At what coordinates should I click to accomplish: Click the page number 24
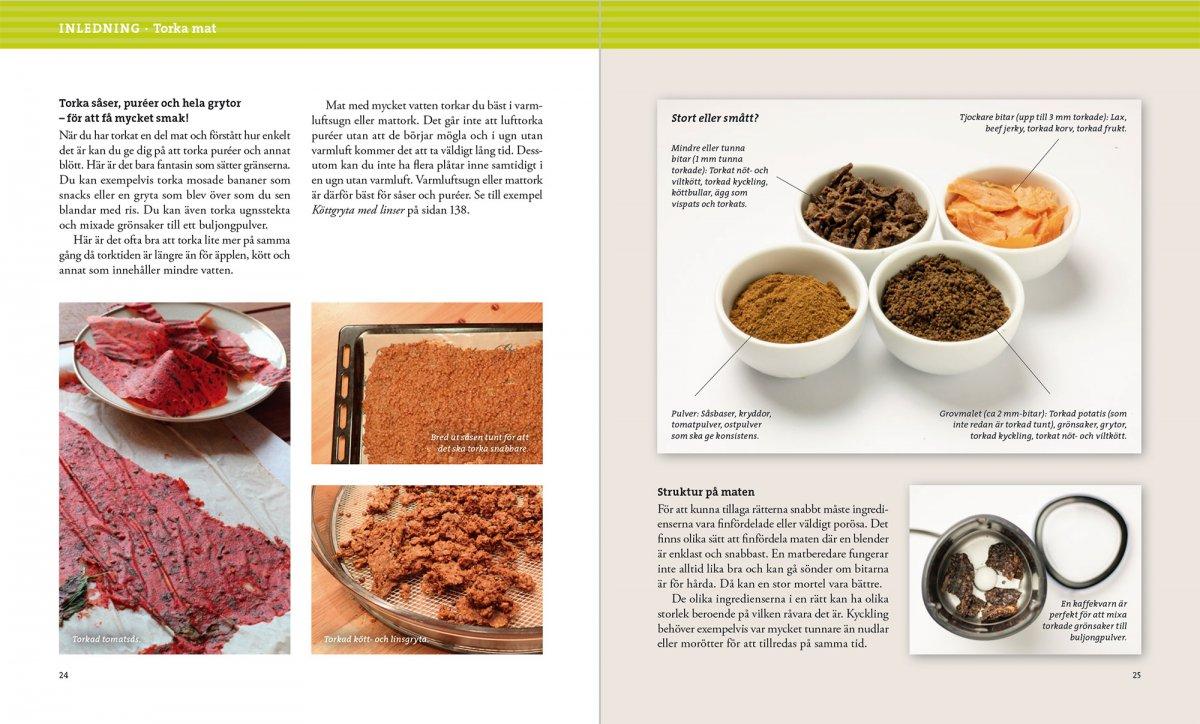[64, 675]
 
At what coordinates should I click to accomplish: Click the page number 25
[1136, 675]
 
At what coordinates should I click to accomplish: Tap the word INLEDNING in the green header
[99, 28]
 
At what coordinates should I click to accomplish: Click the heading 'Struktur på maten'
[706, 492]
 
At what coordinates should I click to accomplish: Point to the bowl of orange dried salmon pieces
[1007, 213]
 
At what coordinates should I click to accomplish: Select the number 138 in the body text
[456, 210]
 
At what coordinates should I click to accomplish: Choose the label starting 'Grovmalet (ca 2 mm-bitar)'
[1033, 423]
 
